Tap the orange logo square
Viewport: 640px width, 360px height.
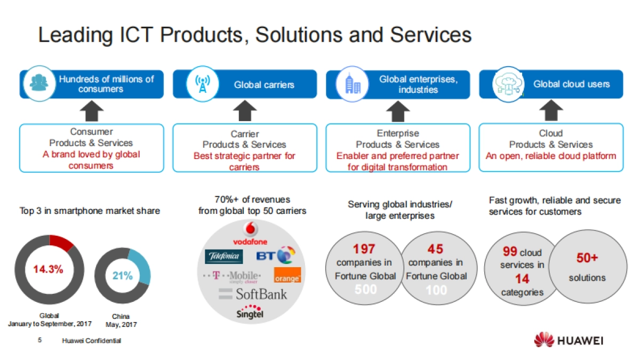point(287,275)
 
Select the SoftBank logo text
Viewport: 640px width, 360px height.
point(253,294)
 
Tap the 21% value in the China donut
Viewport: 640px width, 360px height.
point(122,275)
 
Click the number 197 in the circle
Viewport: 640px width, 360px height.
point(364,249)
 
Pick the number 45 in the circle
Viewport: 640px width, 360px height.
point(436,249)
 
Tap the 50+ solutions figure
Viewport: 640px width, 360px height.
point(587,258)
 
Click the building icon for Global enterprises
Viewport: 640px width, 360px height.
point(353,84)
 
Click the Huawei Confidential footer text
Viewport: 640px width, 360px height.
point(91,341)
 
